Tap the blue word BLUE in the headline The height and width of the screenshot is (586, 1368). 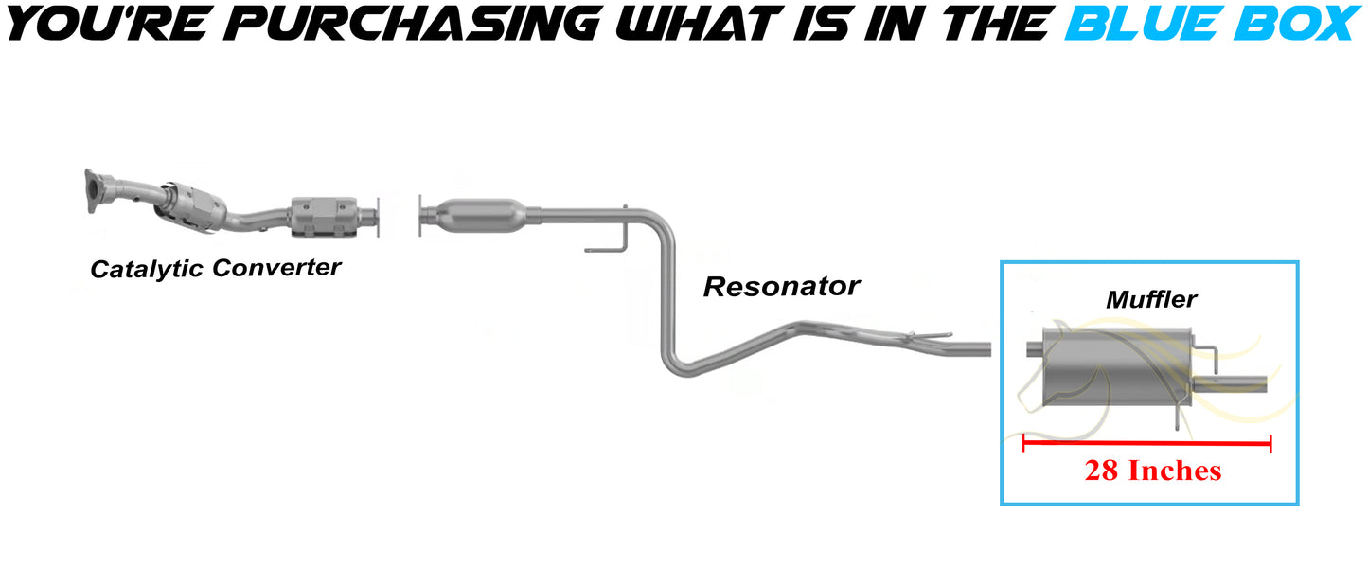coord(1143,23)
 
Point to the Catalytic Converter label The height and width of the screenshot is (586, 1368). coord(215,269)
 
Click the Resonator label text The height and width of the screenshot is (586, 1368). coord(781,286)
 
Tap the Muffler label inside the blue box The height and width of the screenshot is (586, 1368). coord(1151,300)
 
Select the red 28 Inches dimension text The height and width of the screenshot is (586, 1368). coord(1152,471)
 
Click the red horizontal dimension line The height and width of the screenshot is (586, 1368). coord(1146,442)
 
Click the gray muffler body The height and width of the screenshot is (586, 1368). coord(1112,364)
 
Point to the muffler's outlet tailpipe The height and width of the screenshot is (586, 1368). coord(1231,383)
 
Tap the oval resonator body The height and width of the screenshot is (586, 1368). coord(479,214)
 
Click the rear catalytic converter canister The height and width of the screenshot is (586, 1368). coord(325,218)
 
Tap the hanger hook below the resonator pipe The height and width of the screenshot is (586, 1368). coord(606,248)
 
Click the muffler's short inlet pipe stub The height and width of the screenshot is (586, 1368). coord(1035,351)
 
